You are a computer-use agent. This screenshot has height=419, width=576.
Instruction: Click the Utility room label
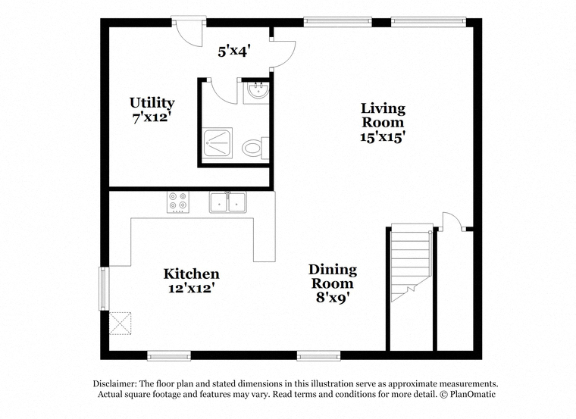(152, 110)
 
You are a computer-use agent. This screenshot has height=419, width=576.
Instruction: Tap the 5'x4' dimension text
(234, 52)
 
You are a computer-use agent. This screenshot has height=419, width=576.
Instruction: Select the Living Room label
(383, 122)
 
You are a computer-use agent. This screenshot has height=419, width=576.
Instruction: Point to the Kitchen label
(192, 280)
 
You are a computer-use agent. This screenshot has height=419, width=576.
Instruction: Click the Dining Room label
(333, 283)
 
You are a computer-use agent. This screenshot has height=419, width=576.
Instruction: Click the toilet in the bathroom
(255, 148)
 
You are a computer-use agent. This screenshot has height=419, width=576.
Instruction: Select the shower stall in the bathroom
(218, 145)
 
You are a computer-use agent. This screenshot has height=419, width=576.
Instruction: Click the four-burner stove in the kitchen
(178, 202)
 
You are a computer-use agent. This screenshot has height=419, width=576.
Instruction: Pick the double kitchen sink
(228, 202)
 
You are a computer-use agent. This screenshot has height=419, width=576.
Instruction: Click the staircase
(411, 262)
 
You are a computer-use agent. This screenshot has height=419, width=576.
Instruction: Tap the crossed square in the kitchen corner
(120, 324)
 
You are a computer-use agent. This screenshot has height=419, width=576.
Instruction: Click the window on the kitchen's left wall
(105, 289)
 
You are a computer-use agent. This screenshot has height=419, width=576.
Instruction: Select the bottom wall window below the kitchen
(169, 355)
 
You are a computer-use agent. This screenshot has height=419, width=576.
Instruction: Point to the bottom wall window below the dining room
(318, 355)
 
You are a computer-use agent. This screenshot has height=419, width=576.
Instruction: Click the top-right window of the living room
(428, 22)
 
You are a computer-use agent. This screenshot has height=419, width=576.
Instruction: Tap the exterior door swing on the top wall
(188, 33)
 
